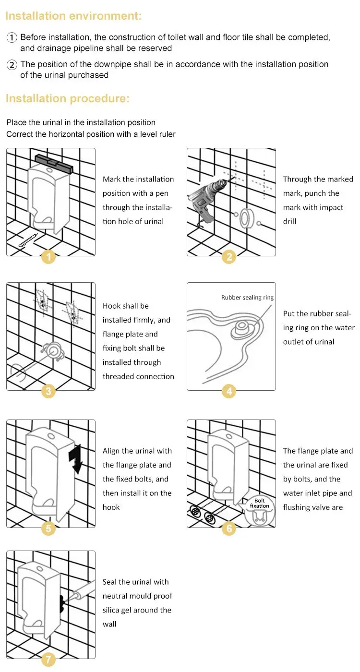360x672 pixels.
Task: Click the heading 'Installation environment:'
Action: [x=73, y=16]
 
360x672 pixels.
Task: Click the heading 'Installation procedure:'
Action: [x=67, y=99]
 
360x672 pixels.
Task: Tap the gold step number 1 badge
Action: [x=48, y=257]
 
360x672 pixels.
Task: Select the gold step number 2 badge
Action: [x=229, y=257]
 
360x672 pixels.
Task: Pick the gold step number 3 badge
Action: [x=48, y=391]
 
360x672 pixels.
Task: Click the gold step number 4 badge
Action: [x=229, y=391]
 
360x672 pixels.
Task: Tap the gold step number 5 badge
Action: [x=48, y=529]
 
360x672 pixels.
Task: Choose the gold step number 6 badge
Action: [x=229, y=529]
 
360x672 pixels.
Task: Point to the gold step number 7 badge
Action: [x=48, y=660]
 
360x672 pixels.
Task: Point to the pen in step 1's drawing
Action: [x=28, y=240]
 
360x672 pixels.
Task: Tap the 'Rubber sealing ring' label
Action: [x=247, y=298]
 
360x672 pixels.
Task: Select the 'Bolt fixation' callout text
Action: [x=259, y=503]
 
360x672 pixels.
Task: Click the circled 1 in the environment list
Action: [x=12, y=37]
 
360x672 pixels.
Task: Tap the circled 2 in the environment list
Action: [x=12, y=65]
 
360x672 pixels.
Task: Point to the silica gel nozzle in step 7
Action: [x=72, y=595]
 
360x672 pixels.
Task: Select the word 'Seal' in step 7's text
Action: [x=110, y=582]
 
